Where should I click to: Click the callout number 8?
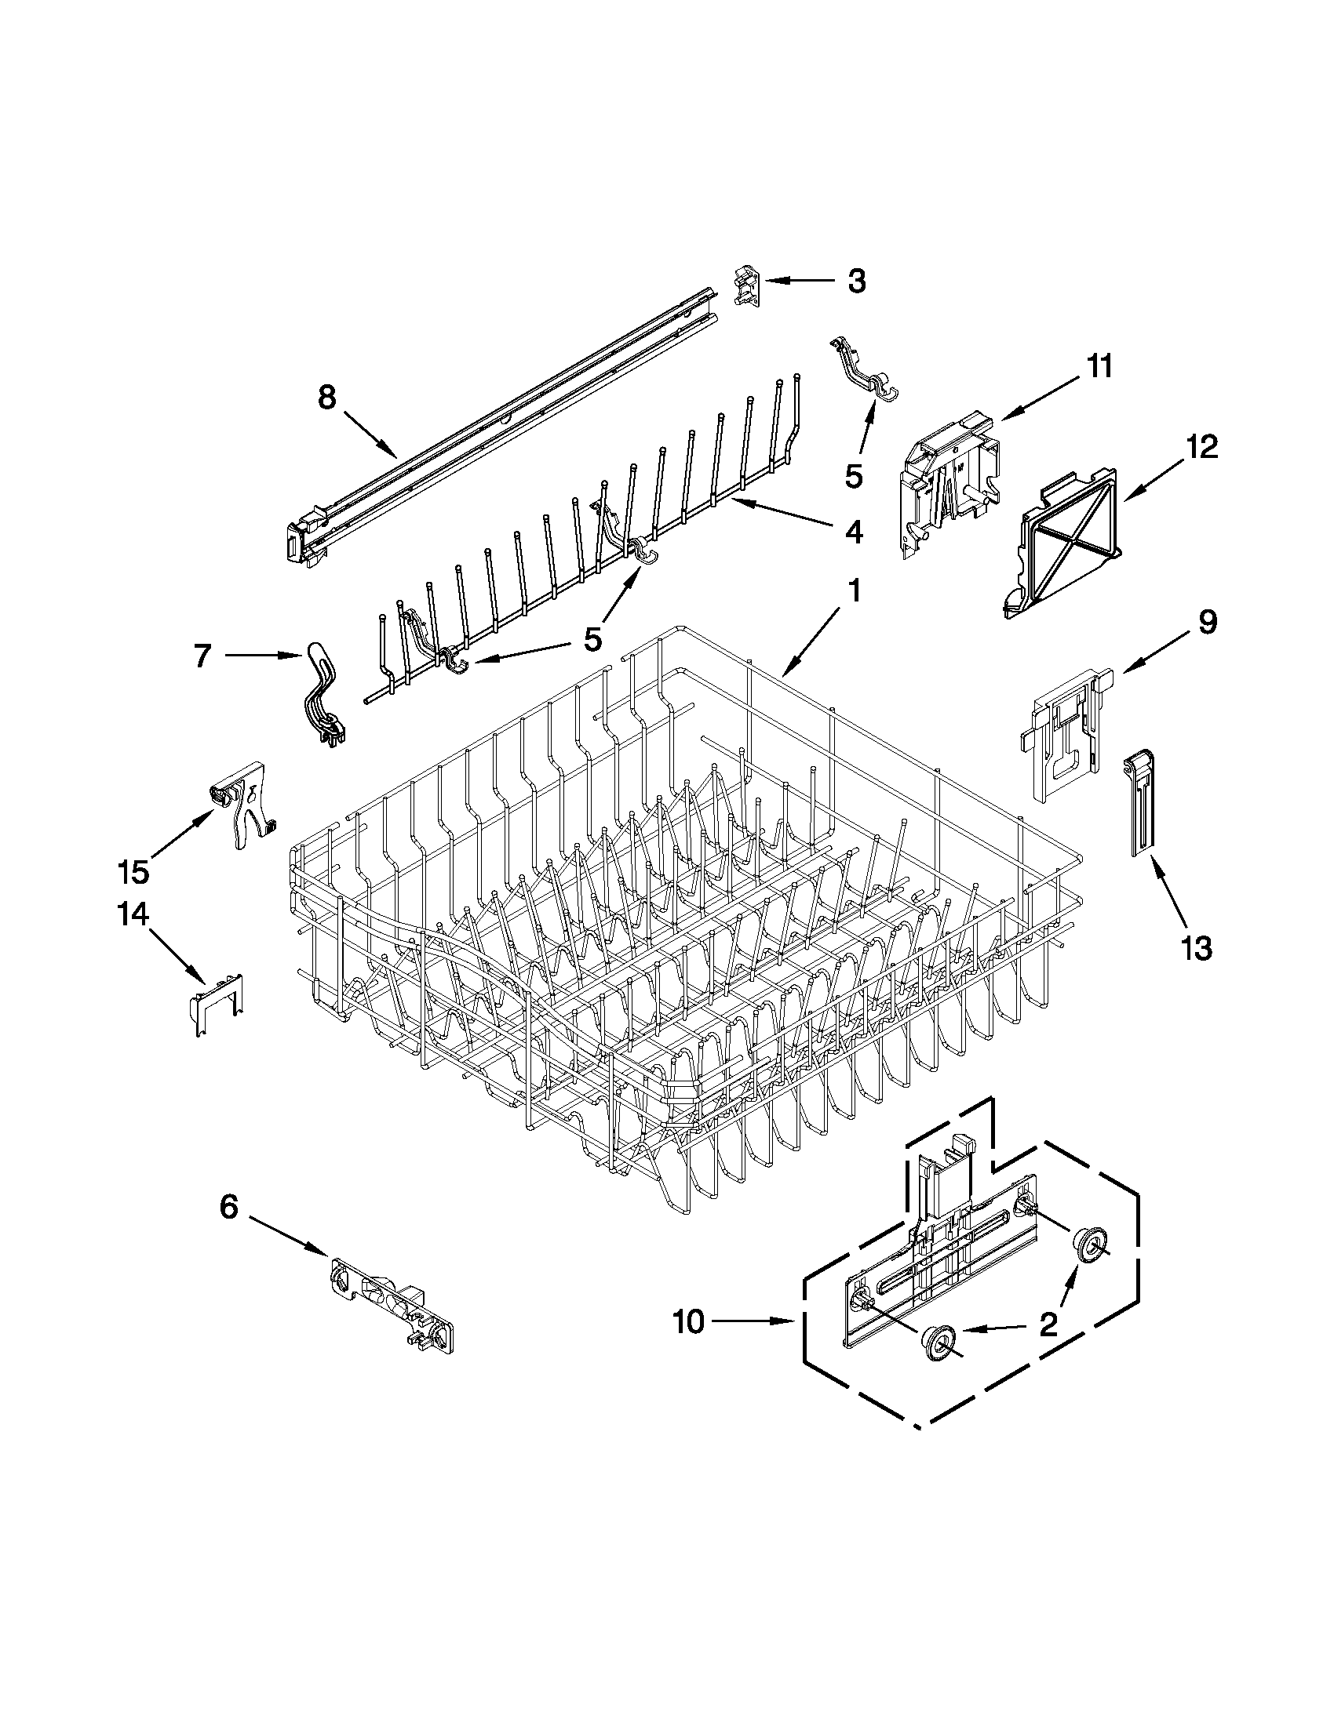326,397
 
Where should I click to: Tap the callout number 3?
857,281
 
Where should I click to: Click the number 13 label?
1197,947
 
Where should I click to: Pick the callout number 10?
689,1321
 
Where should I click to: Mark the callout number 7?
203,655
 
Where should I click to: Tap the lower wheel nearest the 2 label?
939,1341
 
